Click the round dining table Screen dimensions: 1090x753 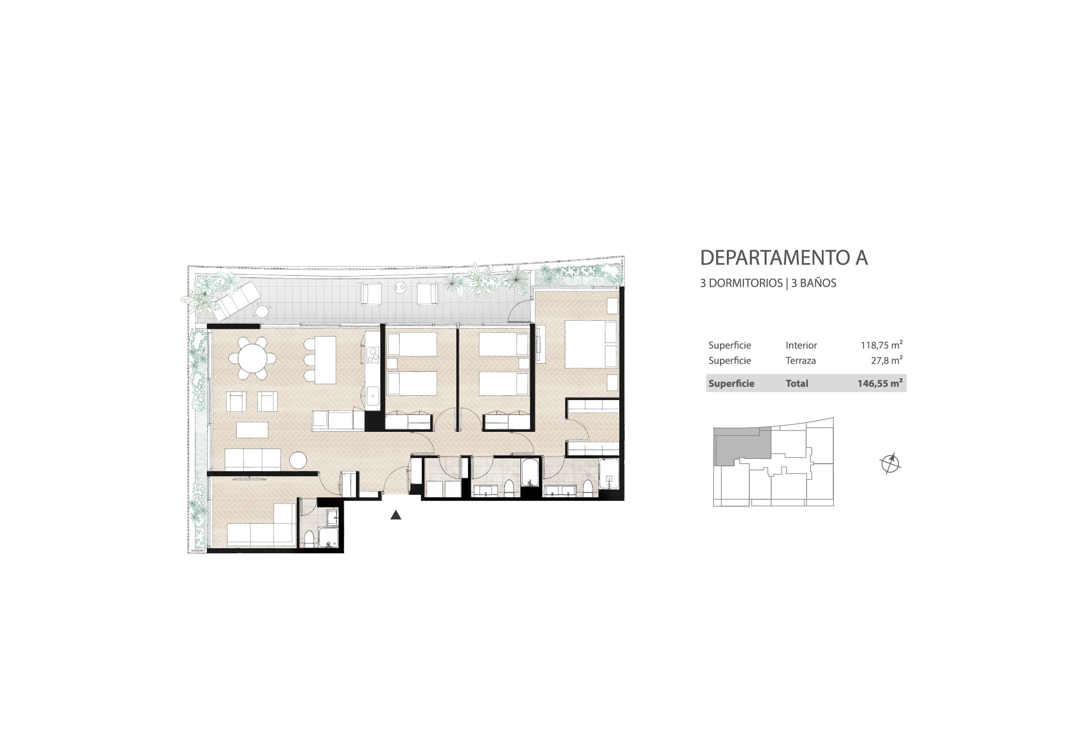[252, 358]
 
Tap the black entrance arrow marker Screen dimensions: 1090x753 [396, 515]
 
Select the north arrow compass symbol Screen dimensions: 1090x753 [890, 463]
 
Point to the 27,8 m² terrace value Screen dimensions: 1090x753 [887, 360]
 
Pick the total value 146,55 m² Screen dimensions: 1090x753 [880, 383]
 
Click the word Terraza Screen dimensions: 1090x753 [800, 361]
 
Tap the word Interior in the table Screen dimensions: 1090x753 [801, 345]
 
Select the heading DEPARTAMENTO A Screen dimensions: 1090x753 [783, 258]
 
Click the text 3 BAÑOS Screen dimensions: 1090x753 [814, 283]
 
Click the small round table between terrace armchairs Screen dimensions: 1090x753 [400, 287]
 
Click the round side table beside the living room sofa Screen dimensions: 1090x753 [298, 461]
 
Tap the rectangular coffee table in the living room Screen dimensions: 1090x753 [252, 430]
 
